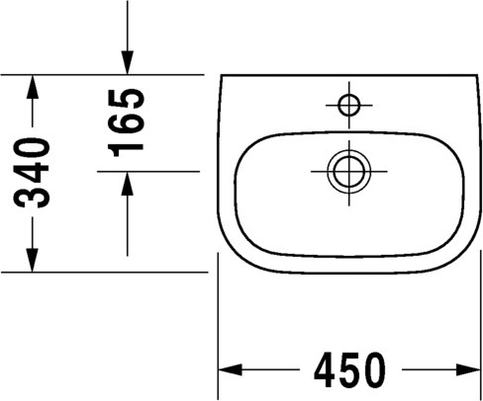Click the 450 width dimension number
[x=349, y=370]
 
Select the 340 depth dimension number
[x=32, y=173]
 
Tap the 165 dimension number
[x=127, y=122]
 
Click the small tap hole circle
[x=349, y=105]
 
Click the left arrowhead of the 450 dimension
[x=231, y=369]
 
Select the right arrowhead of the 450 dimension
[x=468, y=369]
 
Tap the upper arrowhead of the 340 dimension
[x=32, y=87]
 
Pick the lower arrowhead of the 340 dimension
[x=32, y=261]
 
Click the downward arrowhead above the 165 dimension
[x=127, y=63]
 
